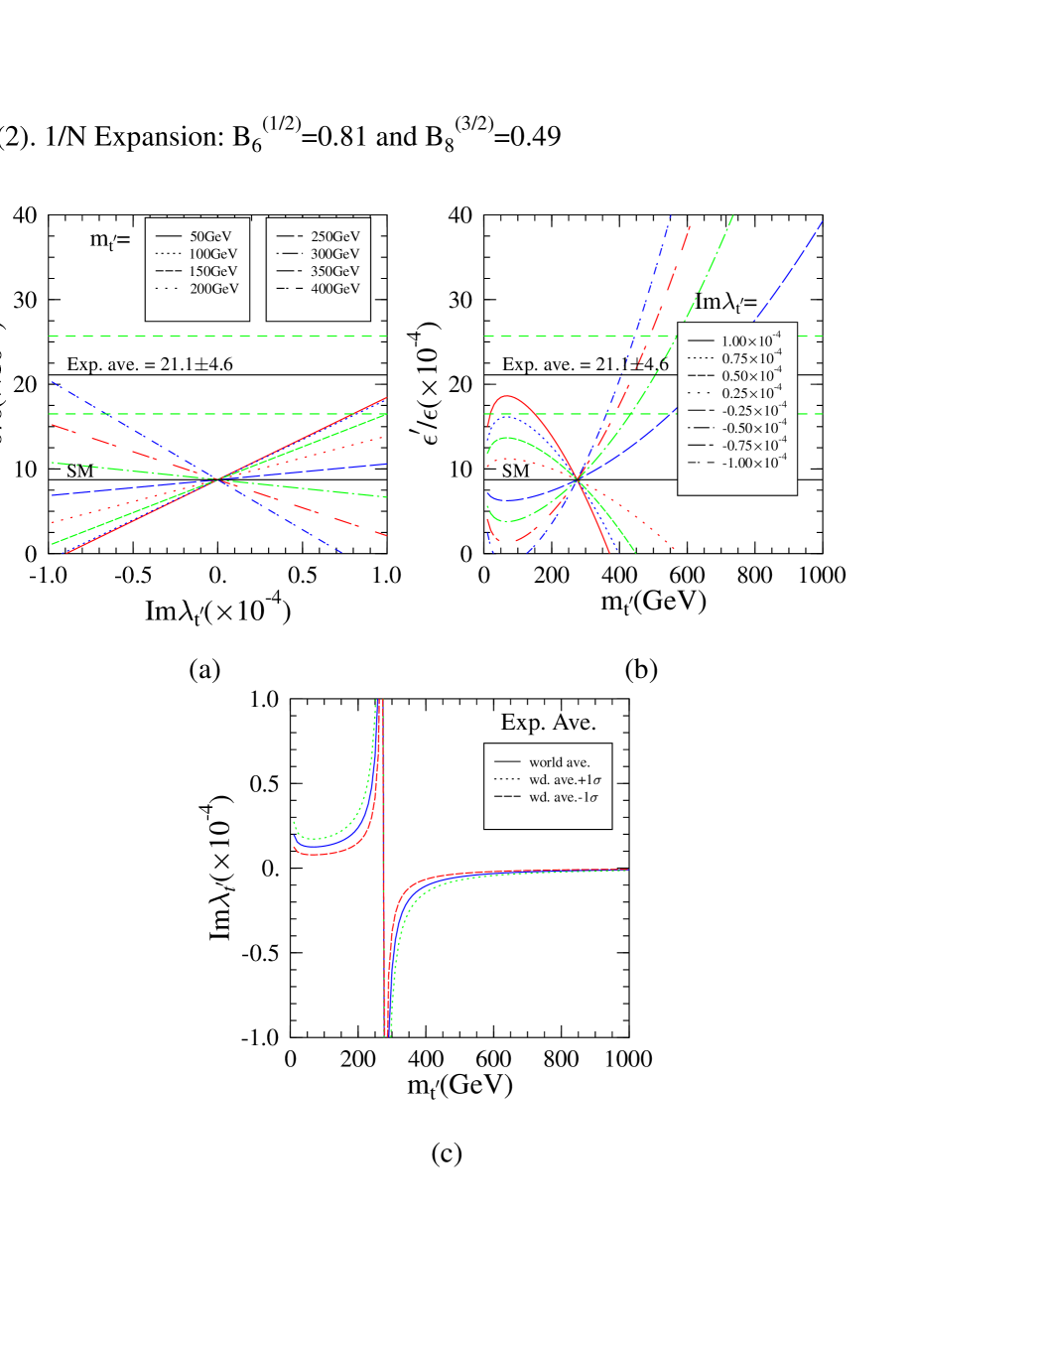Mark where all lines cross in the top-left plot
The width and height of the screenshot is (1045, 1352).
click(217, 479)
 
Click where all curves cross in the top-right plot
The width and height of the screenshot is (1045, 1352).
click(578, 480)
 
